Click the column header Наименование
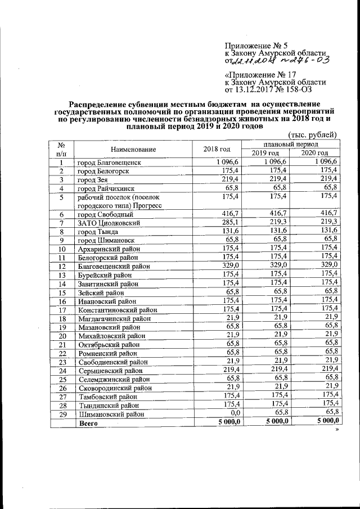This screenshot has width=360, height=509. click(x=133, y=150)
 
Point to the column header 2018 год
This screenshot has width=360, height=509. click(x=217, y=150)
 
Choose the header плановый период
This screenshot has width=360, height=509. click(x=290, y=145)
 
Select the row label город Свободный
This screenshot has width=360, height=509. click(x=105, y=214)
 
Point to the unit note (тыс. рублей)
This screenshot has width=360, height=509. click(x=312, y=134)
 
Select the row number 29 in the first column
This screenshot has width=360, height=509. click(x=62, y=413)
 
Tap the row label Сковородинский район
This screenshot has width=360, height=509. click(x=114, y=388)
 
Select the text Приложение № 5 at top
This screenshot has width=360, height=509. click(x=256, y=44)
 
